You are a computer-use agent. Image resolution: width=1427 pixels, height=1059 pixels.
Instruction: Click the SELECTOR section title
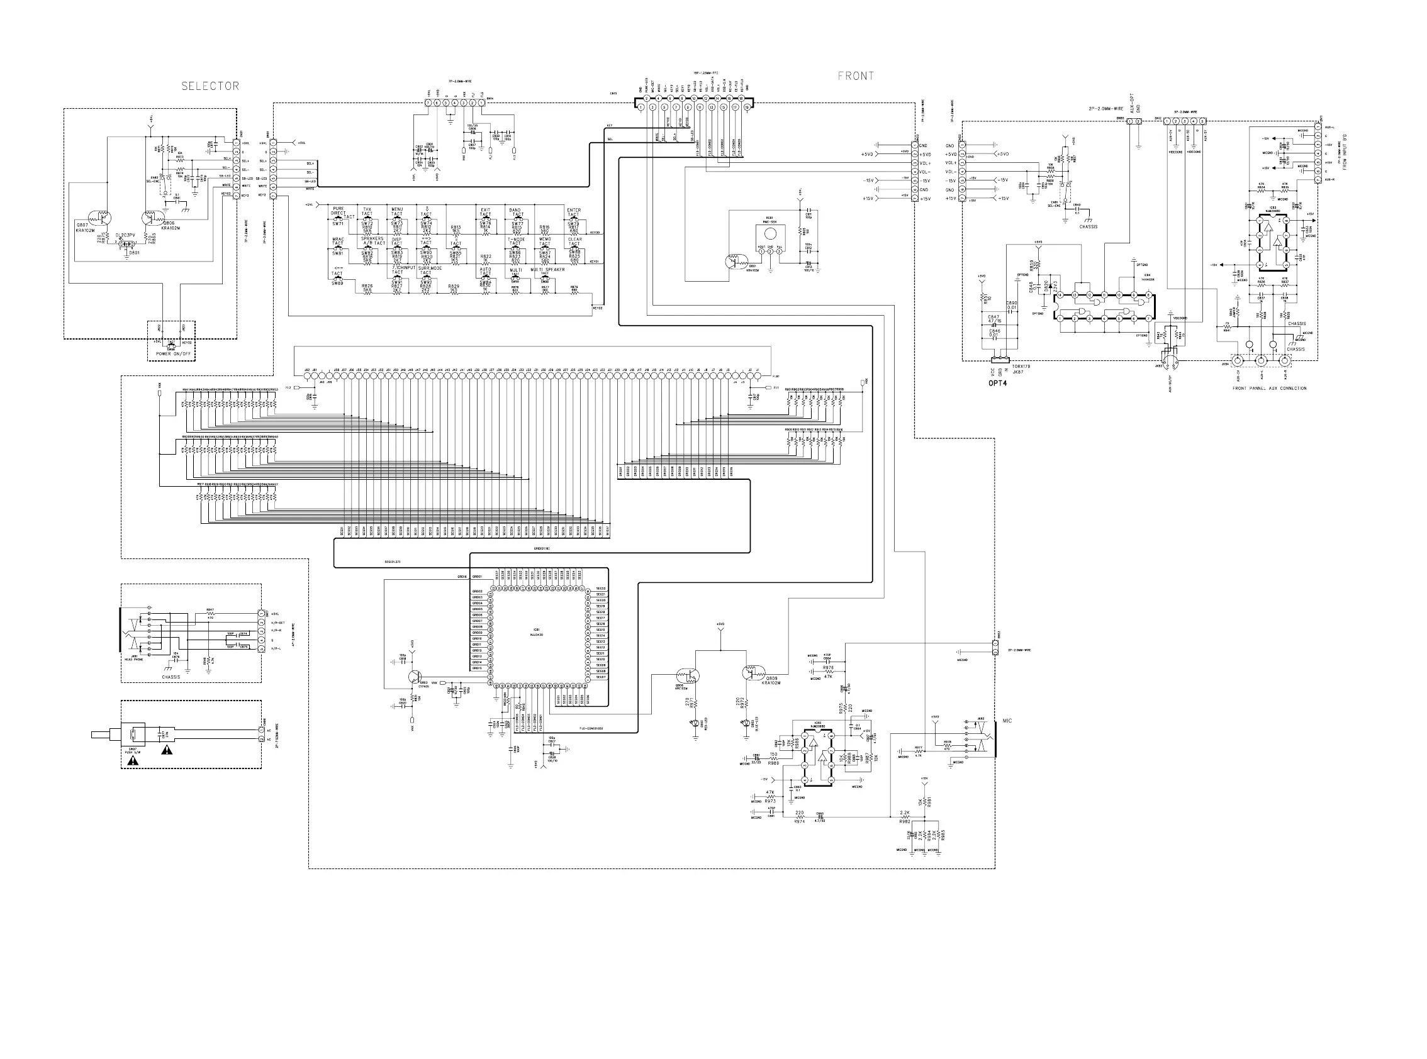point(210,86)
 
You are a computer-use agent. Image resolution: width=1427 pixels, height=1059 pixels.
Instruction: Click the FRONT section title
point(856,75)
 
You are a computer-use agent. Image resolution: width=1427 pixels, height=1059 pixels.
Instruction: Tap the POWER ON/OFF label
point(173,354)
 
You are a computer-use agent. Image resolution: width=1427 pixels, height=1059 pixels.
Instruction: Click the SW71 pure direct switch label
point(338,224)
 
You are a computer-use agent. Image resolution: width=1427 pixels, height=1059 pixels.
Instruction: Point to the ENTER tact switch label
point(573,210)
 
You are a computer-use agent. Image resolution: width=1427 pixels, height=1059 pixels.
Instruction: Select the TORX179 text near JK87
point(1021,367)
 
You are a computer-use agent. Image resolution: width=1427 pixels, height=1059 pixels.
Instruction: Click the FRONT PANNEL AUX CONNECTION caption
point(1269,389)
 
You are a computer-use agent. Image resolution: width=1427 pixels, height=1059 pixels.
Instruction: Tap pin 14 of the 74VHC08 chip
point(1060,296)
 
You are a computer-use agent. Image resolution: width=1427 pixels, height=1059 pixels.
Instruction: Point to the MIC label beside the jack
point(1007,721)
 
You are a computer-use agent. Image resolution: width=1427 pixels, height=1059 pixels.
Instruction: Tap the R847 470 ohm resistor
point(210,614)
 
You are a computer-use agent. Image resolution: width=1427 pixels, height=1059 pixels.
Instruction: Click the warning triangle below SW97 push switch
point(133,761)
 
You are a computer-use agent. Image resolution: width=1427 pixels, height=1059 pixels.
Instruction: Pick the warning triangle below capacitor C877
point(167,750)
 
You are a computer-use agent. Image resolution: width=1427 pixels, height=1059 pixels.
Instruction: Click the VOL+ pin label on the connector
point(951,163)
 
